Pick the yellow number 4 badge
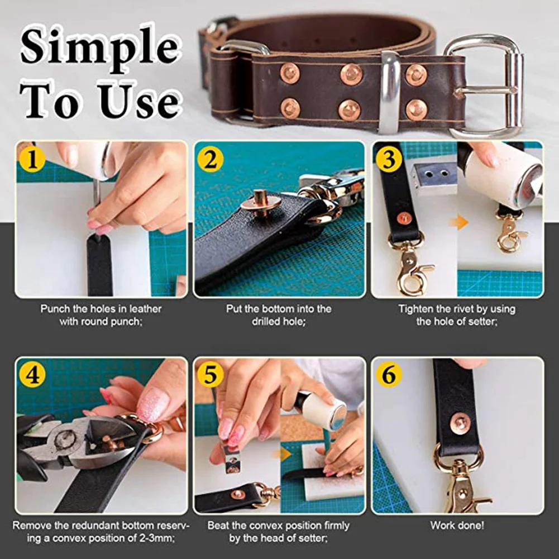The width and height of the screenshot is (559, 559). [x=32, y=375]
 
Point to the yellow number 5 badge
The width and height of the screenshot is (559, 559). [x=210, y=375]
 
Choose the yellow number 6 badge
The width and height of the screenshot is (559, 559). [x=388, y=375]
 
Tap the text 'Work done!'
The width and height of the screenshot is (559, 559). [x=457, y=525]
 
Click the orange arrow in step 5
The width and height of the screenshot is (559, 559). [x=285, y=453]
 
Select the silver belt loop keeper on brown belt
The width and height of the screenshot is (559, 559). [x=390, y=92]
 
